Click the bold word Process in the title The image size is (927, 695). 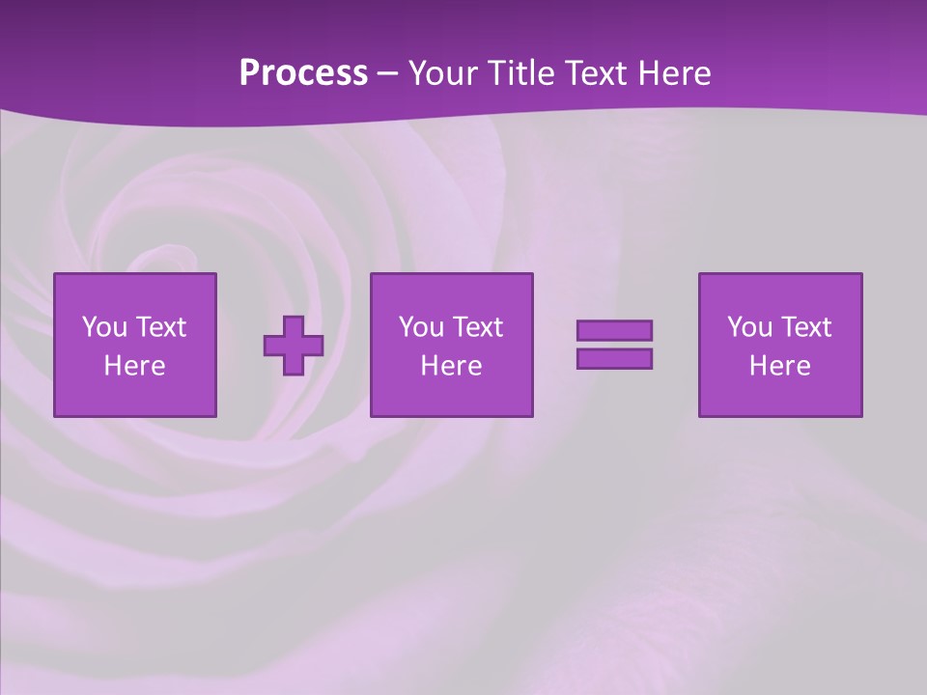tap(303, 72)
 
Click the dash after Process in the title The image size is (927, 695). tap(388, 73)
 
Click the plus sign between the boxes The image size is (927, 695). tap(294, 345)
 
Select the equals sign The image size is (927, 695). tap(614, 345)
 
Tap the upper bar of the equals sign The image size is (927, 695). tap(614, 331)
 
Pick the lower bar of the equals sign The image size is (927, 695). tap(614, 358)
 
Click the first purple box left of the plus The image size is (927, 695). tap(135, 345)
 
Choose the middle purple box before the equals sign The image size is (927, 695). tap(452, 345)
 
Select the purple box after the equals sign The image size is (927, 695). tap(780, 345)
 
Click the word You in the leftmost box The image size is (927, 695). tap(104, 327)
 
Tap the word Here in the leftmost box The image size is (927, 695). tap(135, 366)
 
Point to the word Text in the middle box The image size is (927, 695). tap(478, 327)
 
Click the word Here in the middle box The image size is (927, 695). tap(452, 366)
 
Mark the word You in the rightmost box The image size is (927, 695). tap(749, 327)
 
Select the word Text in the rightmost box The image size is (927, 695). tap(806, 327)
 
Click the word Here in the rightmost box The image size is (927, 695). tap(780, 366)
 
